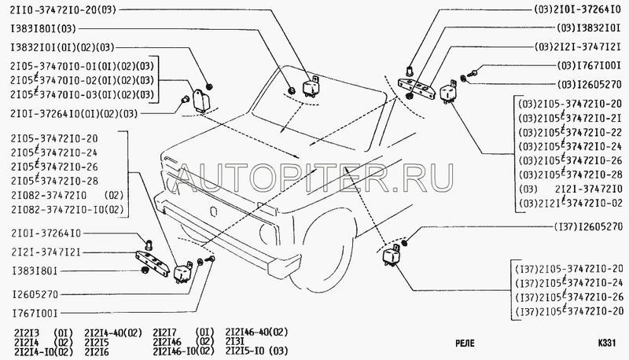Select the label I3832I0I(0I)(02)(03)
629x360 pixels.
64,46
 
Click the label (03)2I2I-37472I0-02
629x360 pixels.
572,204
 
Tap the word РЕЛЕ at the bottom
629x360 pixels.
469,343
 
